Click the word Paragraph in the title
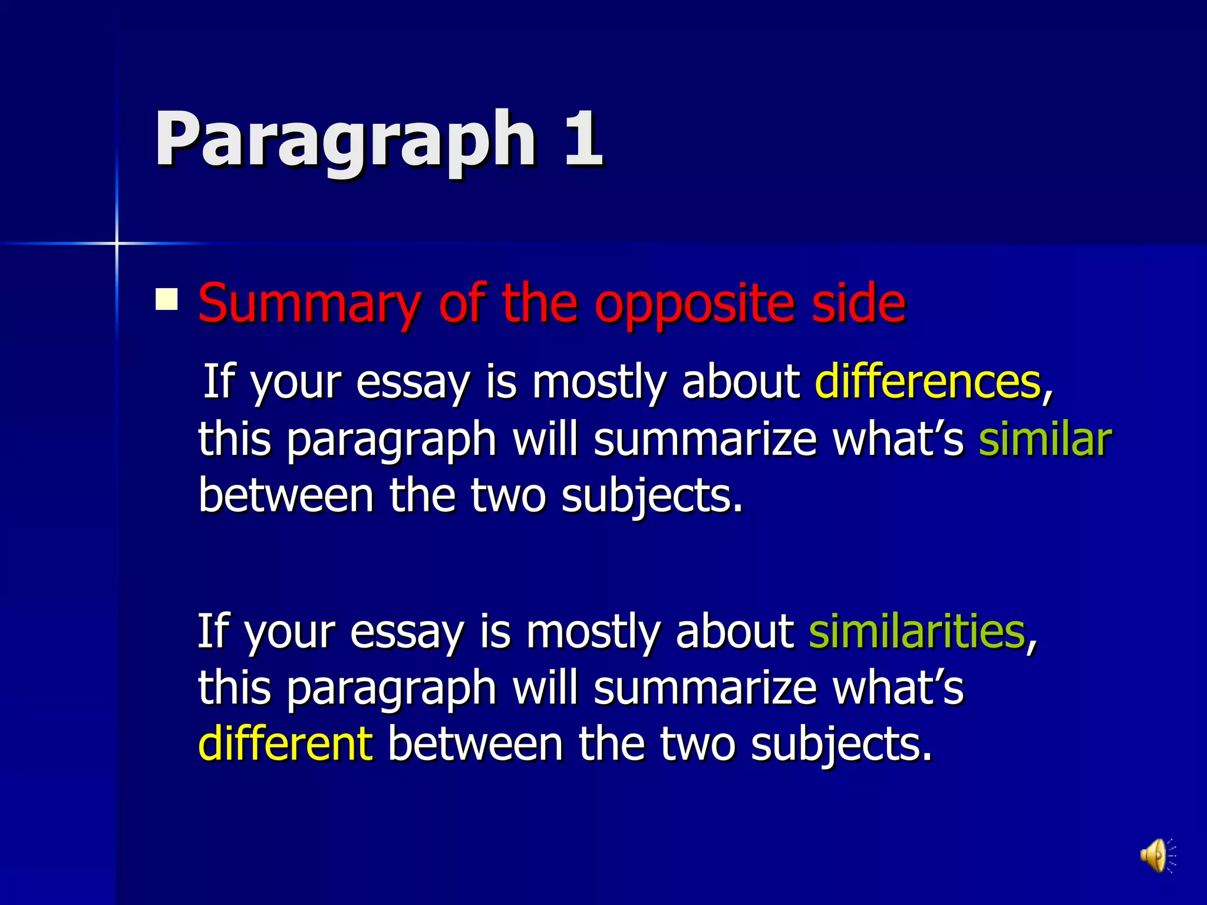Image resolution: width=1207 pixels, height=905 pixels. tap(345, 140)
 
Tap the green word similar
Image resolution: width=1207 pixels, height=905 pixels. tap(1045, 439)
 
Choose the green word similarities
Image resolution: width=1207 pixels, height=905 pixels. tap(917, 631)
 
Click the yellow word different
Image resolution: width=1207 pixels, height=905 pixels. tap(286, 744)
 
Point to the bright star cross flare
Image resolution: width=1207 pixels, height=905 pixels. tap(117, 243)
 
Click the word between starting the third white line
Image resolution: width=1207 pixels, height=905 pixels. tap(286, 495)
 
